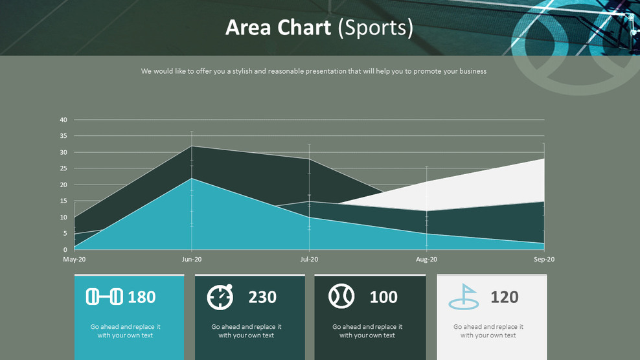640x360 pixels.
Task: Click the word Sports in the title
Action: (375, 28)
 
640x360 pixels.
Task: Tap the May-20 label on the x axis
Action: (74, 260)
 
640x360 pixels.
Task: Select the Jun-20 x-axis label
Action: (191, 260)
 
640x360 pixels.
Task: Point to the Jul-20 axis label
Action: (309, 260)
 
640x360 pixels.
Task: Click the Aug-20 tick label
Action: (426, 260)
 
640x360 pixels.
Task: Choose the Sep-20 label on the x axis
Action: (543, 260)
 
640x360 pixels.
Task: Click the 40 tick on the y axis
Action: (63, 120)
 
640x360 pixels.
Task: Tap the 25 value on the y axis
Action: (63, 168)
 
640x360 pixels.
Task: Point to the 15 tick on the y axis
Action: (63, 201)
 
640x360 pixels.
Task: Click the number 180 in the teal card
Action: (141, 297)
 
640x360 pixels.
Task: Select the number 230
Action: (262, 297)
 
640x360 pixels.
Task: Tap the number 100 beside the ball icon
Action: (383, 297)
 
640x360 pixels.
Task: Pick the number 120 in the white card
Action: (504, 297)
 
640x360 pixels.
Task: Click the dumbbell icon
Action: (104, 297)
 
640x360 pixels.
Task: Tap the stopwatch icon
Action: (220, 297)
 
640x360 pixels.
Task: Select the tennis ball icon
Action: (341, 297)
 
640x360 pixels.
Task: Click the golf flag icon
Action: (464, 297)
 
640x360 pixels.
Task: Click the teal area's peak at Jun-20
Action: (192, 179)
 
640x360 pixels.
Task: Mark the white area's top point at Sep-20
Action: (543, 159)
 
